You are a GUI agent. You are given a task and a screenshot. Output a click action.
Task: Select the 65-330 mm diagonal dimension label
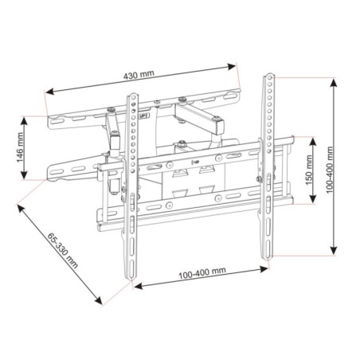(62, 250)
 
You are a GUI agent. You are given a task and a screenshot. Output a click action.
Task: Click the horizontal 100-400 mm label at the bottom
(202, 272)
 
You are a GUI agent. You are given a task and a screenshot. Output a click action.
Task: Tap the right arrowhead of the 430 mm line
(237, 65)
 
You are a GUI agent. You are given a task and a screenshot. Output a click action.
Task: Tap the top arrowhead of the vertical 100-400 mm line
(330, 79)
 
